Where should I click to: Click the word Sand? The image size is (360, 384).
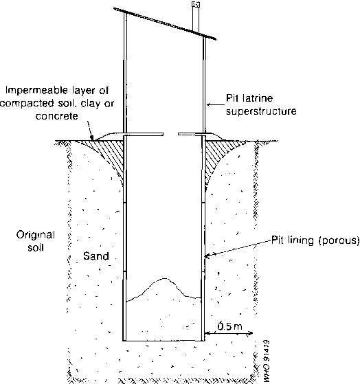pyautogui.click(x=96, y=256)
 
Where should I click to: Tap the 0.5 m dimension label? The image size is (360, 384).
pyautogui.click(x=229, y=326)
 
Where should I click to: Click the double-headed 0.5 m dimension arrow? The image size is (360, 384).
pyautogui.click(x=229, y=333)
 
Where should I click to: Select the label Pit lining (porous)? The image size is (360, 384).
pyautogui.click(x=315, y=240)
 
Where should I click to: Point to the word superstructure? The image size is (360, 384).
pyautogui.click(x=261, y=111)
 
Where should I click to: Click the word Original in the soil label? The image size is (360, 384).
pyautogui.click(x=36, y=235)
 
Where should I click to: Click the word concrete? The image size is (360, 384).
pyautogui.click(x=57, y=116)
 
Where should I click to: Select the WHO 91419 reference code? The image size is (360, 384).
pyautogui.click(x=267, y=361)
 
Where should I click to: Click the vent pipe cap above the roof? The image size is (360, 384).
pyautogui.click(x=196, y=4)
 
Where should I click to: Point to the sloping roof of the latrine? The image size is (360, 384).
pyautogui.click(x=165, y=23)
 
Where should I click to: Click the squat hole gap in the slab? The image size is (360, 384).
pyautogui.click(x=170, y=134)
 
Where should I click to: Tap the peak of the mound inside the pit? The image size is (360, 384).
pyautogui.click(x=165, y=278)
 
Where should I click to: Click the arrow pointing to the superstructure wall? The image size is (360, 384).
pyautogui.click(x=216, y=105)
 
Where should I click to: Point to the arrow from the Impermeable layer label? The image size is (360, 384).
pyautogui.click(x=90, y=131)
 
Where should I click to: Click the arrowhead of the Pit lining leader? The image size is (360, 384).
pyautogui.click(x=207, y=256)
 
